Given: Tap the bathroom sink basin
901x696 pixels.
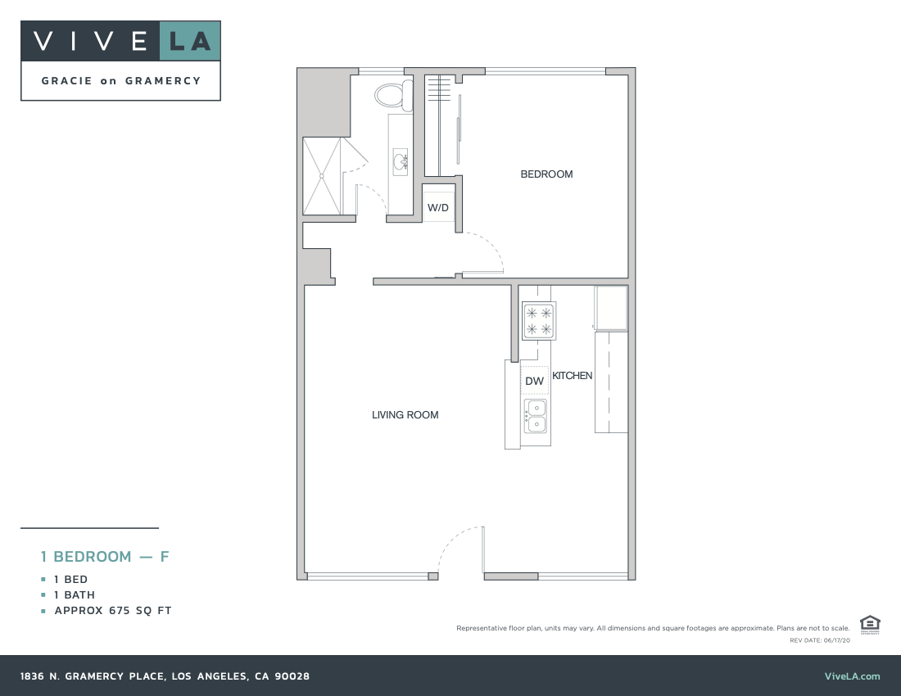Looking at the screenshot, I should pos(401,162).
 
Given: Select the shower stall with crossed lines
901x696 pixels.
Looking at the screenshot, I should pos(321,175).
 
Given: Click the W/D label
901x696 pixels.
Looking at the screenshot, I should pos(438,208).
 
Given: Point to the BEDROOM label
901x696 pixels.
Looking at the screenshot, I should pos(546,174).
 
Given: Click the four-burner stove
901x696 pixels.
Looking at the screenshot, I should pos(539,320).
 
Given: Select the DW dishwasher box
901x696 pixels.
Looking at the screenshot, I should pos(535,381).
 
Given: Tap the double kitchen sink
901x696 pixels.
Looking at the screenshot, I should pos(535,416).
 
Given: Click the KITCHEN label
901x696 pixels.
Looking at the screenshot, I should pos(572,376).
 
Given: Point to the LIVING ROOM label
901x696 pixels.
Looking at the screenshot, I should pos(405,415).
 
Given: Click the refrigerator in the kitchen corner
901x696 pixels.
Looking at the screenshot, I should pos(611,308).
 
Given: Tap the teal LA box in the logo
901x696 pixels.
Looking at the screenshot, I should pos(189,41).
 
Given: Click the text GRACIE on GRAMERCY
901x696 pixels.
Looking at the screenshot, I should pos(121,81).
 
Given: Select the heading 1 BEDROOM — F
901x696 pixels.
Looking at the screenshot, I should pos(105,557).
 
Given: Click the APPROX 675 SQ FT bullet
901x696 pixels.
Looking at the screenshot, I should pos(113,611).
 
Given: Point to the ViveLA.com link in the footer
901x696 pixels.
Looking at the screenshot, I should pos(852,676).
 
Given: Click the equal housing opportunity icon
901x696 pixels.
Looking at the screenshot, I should pos(870,625).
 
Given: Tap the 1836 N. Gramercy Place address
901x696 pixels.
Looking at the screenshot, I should pos(165,676).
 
